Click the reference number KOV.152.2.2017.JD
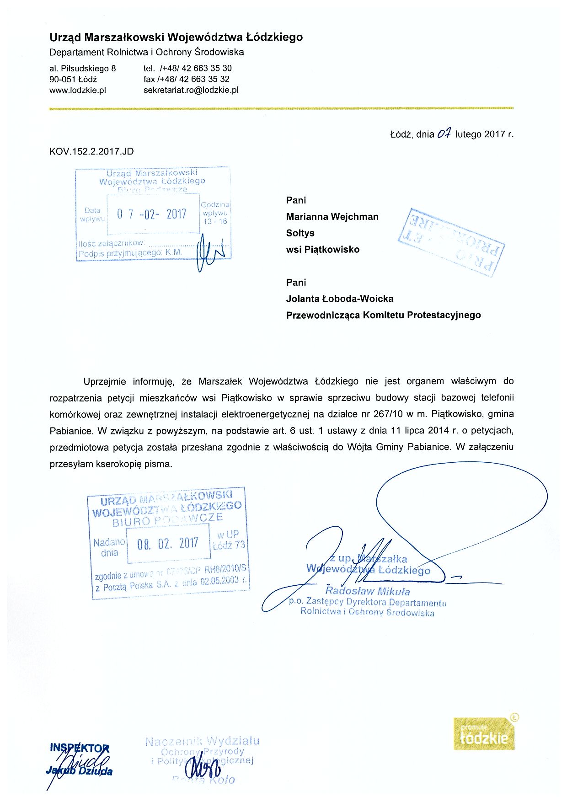pos(91,151)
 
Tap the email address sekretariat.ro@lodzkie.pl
pos(191,90)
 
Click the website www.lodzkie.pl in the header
pos(78,90)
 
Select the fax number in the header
pos(187,79)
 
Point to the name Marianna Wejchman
pos(332,217)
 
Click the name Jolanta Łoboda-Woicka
pos(340,299)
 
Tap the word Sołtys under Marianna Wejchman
pos(300,233)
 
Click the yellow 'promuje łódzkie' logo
pos(484,734)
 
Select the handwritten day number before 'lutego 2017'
pos(444,134)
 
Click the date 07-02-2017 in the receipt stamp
pos(152,214)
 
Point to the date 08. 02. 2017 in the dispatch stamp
pos(168,544)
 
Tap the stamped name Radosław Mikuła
pos(367,591)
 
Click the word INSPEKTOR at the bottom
pos(80,748)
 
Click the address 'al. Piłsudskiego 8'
pos(83,69)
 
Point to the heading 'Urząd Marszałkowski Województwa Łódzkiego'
pos(176,37)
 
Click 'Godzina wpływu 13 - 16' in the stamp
pos(215,213)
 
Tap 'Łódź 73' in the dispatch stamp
pos(229,545)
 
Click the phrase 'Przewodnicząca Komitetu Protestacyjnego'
pos(383,315)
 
